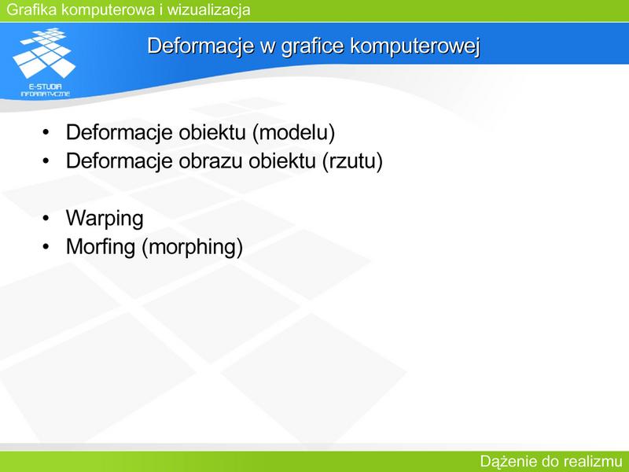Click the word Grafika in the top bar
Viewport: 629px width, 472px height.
tap(31, 9)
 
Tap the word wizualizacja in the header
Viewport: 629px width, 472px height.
tap(209, 9)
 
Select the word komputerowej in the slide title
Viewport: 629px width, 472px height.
tap(415, 46)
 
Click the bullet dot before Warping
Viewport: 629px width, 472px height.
tap(46, 218)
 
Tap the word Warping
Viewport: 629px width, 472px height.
tap(105, 219)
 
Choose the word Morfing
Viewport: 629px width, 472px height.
tap(101, 247)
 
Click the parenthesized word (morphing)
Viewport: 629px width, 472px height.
tap(192, 247)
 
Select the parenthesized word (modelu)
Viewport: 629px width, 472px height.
tap(293, 132)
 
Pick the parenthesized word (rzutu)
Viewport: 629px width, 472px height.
tap(352, 161)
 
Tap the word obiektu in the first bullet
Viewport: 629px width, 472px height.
tap(212, 132)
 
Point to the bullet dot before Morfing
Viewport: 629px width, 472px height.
tap(46, 246)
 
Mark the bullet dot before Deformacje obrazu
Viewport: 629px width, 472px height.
tap(46, 161)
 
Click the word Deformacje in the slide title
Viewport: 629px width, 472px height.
tap(200, 46)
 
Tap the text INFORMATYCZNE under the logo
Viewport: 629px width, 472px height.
tap(46, 94)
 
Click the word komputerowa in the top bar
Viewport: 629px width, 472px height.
tap(109, 9)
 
